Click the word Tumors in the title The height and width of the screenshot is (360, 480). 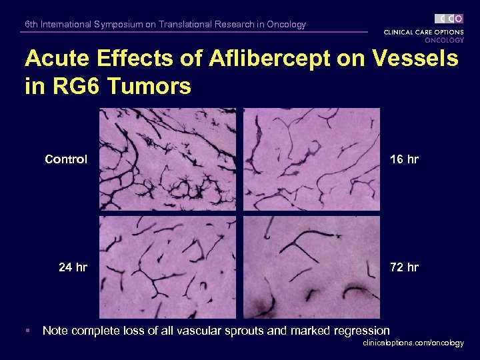click(151, 86)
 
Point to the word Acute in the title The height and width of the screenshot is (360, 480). click(55, 59)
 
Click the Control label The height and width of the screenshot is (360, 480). click(66, 159)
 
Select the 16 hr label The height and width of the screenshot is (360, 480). click(404, 159)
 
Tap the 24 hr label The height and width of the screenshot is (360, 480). click(73, 267)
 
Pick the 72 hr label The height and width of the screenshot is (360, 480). click(404, 267)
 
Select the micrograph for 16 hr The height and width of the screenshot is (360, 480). click(311, 159)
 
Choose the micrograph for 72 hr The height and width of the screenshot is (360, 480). click(311, 267)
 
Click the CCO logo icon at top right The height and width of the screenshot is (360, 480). click(449, 19)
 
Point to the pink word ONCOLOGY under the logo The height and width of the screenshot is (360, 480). click(444, 40)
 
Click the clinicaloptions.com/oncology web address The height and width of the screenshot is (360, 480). click(413, 343)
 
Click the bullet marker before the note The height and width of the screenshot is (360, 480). click(27, 331)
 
